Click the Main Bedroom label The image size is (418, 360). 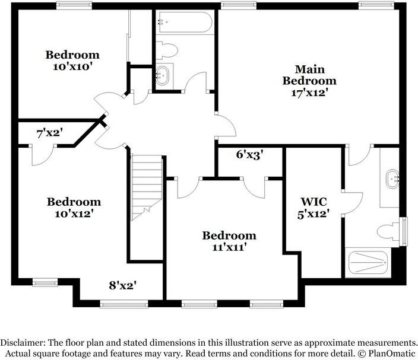click(309, 75)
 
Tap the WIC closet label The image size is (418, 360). click(313, 202)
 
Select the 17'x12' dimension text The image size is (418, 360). click(309, 93)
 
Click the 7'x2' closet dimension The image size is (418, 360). click(50, 133)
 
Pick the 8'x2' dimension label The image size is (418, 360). click(123, 286)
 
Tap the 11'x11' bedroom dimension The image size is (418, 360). click(229, 247)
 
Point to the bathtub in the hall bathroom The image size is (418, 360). click(184, 23)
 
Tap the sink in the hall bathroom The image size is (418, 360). click(162, 75)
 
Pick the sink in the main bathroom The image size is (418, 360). click(392, 179)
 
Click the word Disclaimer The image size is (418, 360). click(20, 342)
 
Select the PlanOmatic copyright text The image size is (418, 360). click(387, 353)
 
